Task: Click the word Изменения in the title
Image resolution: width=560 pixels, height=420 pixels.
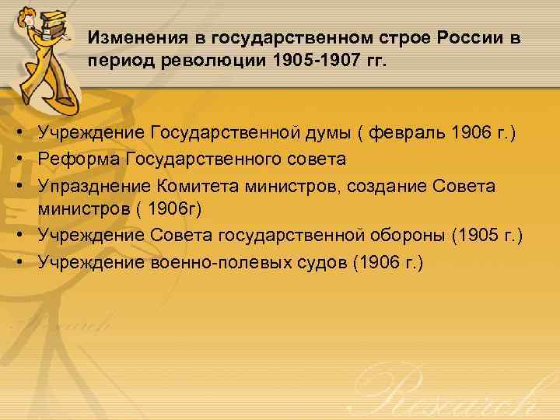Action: [129, 38]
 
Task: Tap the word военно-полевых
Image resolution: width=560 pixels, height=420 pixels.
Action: [215, 262]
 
